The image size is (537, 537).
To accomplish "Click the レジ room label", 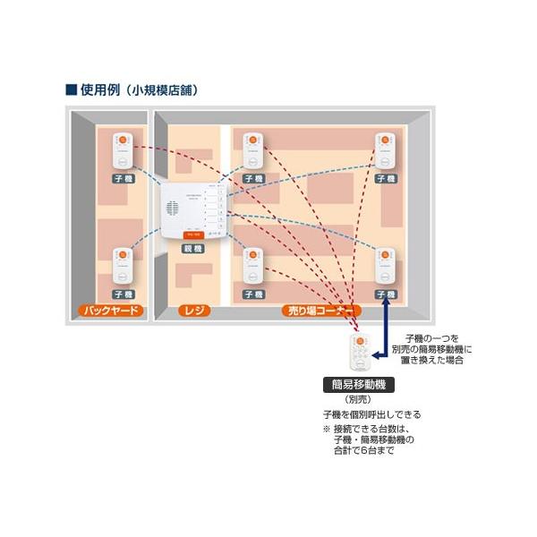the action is (x=192, y=311).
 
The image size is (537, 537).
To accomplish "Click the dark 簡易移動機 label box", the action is (x=358, y=385).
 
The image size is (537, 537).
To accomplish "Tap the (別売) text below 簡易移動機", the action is (x=358, y=400).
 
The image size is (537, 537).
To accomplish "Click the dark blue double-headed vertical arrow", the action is (x=386, y=330).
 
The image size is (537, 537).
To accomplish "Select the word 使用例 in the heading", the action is (x=98, y=90).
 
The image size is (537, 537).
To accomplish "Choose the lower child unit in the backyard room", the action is (x=124, y=266).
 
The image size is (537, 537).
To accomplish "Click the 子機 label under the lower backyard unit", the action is (x=124, y=294).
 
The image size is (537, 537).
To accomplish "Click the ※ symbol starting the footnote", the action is (x=327, y=430).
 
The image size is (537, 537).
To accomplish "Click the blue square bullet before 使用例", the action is (x=70, y=90).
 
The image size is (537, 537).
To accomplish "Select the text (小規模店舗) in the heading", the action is (x=163, y=90).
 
